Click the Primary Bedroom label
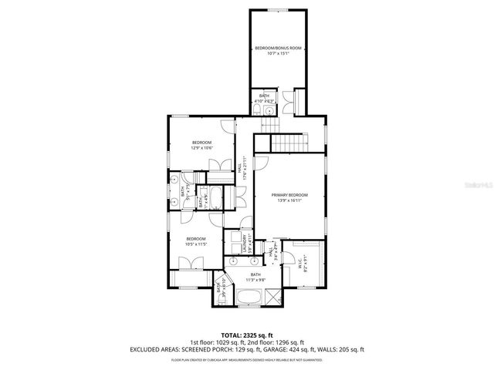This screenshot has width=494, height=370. [x=289, y=195]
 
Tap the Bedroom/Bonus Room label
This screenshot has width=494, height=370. [x=278, y=48]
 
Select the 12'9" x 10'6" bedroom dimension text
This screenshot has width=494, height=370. [x=201, y=148]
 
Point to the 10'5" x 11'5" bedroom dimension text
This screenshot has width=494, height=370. [x=196, y=244]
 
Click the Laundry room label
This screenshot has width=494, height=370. [x=244, y=244]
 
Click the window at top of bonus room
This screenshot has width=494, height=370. [x=278, y=10]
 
